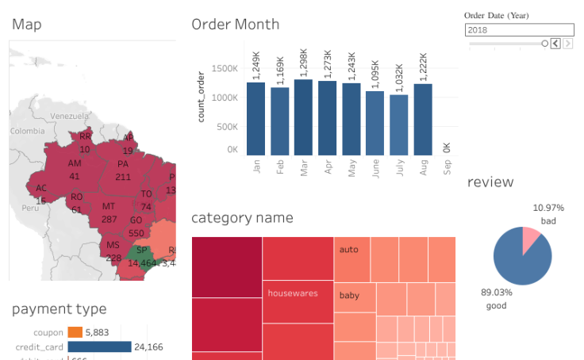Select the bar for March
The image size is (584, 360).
click(303, 117)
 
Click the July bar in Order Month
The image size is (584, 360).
click(398, 124)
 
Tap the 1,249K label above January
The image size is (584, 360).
click(255, 64)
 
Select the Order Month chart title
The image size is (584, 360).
click(235, 24)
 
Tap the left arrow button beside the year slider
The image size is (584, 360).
click(555, 44)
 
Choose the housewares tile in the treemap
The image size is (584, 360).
click(292, 293)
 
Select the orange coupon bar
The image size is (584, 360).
click(75, 332)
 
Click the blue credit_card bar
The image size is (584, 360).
click(99, 347)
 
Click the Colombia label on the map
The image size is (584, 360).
click(28, 132)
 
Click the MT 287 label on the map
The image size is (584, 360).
click(109, 213)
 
